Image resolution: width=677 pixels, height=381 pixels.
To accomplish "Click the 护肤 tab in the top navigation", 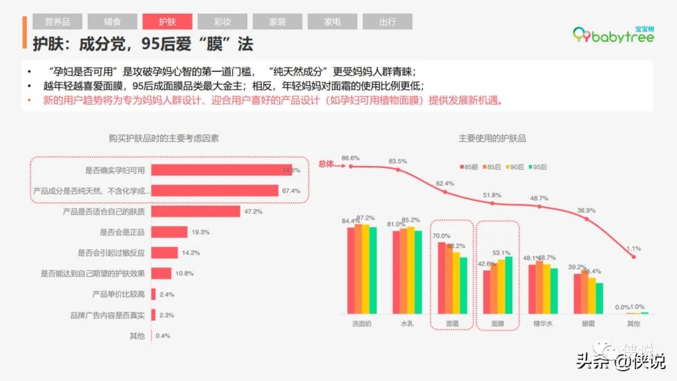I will [x=167, y=22].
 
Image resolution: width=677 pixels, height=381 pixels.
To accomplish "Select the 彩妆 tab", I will [x=222, y=22].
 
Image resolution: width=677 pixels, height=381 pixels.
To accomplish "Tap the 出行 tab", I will [x=387, y=22].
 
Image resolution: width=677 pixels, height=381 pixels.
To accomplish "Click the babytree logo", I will [x=614, y=35].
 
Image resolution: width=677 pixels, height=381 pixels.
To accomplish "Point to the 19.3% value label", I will [x=201, y=232].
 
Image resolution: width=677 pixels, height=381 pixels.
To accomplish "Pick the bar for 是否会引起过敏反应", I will [x=164, y=253].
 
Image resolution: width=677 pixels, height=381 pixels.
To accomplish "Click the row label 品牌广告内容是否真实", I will [x=108, y=315].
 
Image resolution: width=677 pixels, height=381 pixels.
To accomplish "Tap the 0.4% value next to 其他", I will [x=163, y=336].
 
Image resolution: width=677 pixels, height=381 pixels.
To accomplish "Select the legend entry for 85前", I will [x=470, y=167].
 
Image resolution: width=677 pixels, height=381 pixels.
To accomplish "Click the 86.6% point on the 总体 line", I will [x=350, y=167].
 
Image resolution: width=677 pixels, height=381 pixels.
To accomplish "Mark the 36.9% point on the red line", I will [x=587, y=219].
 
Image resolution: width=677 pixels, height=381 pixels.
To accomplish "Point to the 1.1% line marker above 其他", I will [x=634, y=257].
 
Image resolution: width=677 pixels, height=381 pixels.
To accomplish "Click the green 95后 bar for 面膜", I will [x=508, y=285].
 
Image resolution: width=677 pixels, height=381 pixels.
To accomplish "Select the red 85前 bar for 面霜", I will [x=441, y=278].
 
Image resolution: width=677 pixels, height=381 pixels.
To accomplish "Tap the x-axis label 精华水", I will [x=542, y=324].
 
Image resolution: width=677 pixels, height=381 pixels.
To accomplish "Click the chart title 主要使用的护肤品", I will [x=492, y=138].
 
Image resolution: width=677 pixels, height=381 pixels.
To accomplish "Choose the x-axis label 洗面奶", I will [x=362, y=324].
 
